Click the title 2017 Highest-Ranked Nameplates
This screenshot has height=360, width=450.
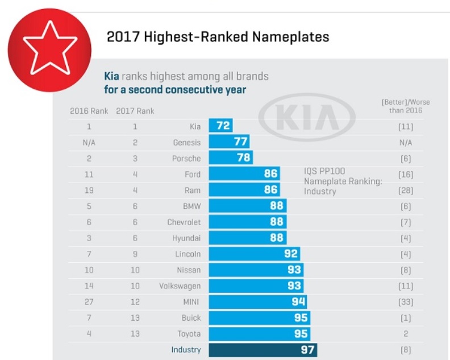pyautogui.click(x=218, y=38)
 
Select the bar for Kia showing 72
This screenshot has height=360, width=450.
pyautogui.click(x=220, y=126)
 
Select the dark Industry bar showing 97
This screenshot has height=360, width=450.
pyautogui.click(x=262, y=349)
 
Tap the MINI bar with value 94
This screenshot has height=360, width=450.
pyautogui.click(x=259, y=301)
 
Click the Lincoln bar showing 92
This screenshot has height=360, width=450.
pyautogui.click(x=254, y=254)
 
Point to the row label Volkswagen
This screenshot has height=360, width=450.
pyautogui.click(x=180, y=286)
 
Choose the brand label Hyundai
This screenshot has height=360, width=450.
pyautogui.click(x=186, y=238)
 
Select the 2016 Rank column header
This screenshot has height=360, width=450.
pyautogui.click(x=88, y=111)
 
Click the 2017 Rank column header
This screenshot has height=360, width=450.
pyautogui.click(x=135, y=111)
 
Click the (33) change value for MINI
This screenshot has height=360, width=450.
pyautogui.click(x=405, y=302)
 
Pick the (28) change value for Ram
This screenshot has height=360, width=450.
pyautogui.click(x=405, y=190)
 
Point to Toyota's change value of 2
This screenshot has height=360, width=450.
pyautogui.click(x=406, y=334)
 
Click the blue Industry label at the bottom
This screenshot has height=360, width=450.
pyautogui.click(x=186, y=350)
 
